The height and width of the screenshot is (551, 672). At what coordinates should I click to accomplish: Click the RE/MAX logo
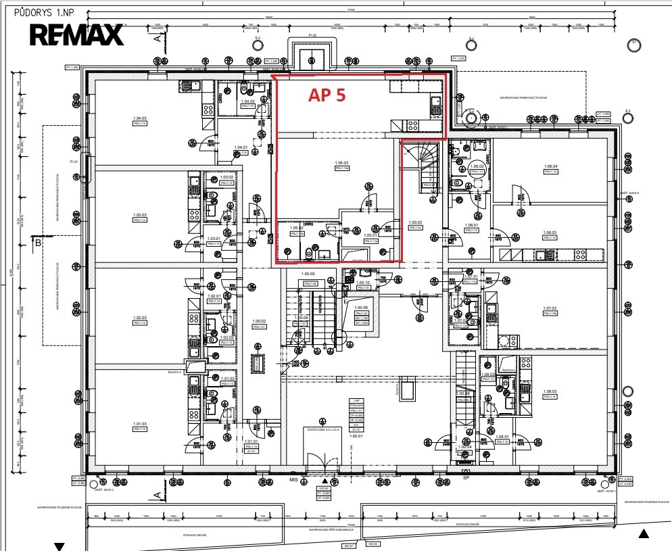tap(76, 34)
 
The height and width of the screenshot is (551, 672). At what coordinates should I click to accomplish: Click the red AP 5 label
tap(327, 95)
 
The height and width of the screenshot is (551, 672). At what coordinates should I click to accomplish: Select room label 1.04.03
tap(140, 119)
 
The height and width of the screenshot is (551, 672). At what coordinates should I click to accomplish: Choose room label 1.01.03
tap(140, 425)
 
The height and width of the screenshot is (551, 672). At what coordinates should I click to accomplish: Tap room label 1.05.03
tap(341, 163)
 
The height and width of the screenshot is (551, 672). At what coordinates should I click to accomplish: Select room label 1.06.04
tap(550, 166)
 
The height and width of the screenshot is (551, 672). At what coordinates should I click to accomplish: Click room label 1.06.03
tap(550, 233)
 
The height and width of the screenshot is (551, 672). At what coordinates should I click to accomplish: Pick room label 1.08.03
tap(550, 391)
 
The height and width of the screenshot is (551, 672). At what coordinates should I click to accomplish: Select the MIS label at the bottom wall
tap(294, 479)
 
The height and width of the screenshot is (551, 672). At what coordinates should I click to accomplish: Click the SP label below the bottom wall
tap(466, 478)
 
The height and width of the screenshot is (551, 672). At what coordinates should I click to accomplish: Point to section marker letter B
tap(39, 241)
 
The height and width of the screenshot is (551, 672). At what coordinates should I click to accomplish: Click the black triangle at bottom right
tap(644, 534)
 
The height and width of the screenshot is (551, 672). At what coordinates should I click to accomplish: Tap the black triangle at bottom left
tap(59, 546)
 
